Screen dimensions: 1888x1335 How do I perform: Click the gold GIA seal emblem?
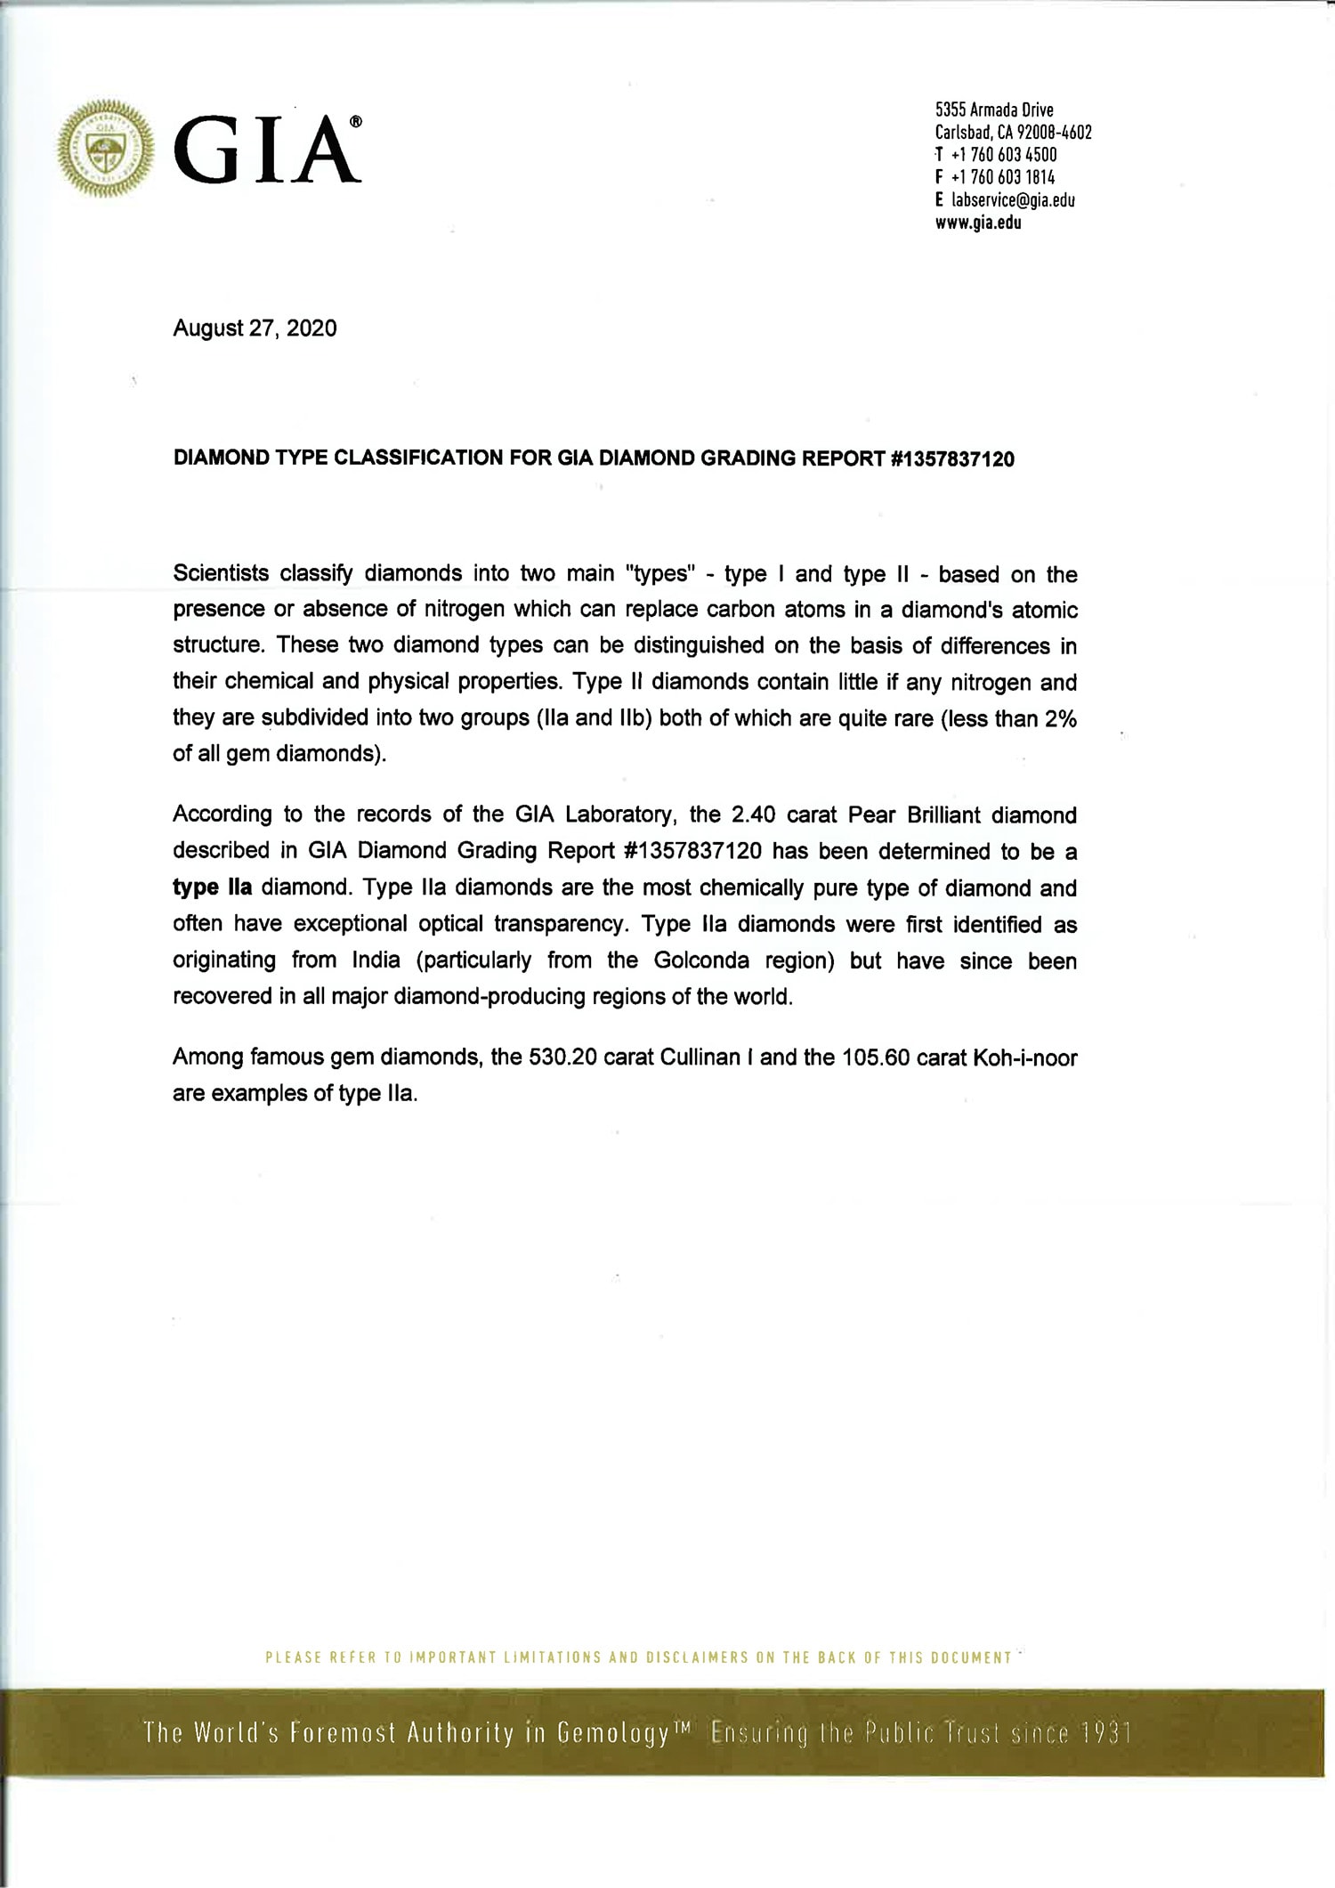coord(105,149)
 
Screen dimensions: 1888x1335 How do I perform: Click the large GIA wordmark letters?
coord(268,150)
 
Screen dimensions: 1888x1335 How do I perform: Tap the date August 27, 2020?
coord(255,328)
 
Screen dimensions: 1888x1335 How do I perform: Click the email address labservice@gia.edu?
coord(1013,199)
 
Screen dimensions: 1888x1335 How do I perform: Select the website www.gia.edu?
coord(977,223)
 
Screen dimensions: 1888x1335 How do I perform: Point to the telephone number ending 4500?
coord(1004,155)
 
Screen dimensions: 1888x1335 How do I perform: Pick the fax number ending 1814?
coord(1003,177)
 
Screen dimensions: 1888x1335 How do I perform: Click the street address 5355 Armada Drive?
coord(994,110)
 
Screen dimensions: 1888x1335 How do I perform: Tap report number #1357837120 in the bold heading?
coord(951,459)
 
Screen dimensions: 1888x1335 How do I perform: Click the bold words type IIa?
coord(213,887)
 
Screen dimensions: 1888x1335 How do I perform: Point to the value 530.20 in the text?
coord(558,1057)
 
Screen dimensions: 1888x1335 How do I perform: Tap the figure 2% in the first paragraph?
coord(1061,718)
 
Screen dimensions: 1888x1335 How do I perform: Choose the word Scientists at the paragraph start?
coord(221,573)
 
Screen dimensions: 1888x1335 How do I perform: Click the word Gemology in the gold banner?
coord(612,1733)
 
